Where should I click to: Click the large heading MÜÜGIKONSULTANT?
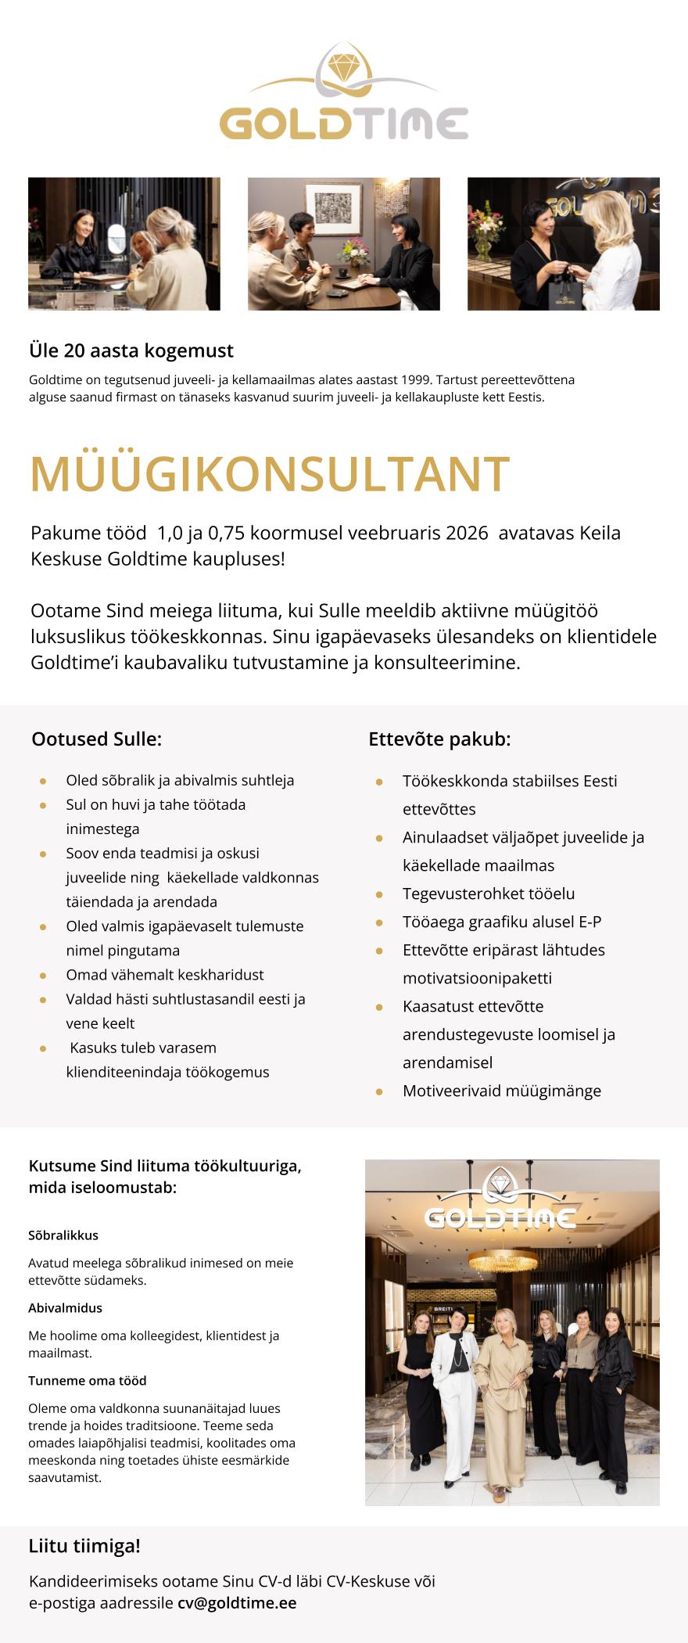[270, 473]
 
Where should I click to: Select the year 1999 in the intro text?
[415, 379]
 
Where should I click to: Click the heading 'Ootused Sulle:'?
[97, 739]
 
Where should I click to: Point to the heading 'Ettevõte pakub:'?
[439, 739]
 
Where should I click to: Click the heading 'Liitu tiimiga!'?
[84, 1546]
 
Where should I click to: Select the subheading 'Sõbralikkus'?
[63, 1235]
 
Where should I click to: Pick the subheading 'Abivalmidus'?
[65, 1307]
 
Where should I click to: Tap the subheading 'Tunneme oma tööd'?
[88, 1380]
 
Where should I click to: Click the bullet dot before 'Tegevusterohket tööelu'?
[379, 894]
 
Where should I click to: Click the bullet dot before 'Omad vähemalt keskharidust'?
[43, 976]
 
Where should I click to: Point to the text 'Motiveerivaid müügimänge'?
[502, 1091]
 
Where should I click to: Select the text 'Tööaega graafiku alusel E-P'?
[502, 922]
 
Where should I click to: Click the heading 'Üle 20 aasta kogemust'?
[131, 351]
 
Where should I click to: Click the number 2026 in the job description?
[467, 533]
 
